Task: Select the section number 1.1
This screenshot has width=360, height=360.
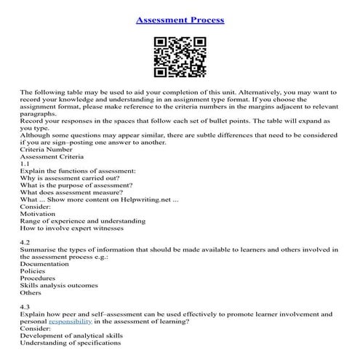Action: [25, 164]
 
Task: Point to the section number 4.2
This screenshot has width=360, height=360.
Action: [25, 241]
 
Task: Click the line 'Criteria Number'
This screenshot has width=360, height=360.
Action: [47, 149]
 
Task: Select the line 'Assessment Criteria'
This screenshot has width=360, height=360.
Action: [52, 157]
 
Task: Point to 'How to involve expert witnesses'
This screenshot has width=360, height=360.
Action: [72, 228]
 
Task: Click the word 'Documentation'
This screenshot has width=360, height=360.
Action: [47, 265]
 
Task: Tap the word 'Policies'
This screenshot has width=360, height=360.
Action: [34, 272]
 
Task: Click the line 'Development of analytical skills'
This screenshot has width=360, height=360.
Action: [72, 336]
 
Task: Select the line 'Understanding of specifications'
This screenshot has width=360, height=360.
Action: [71, 344]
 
